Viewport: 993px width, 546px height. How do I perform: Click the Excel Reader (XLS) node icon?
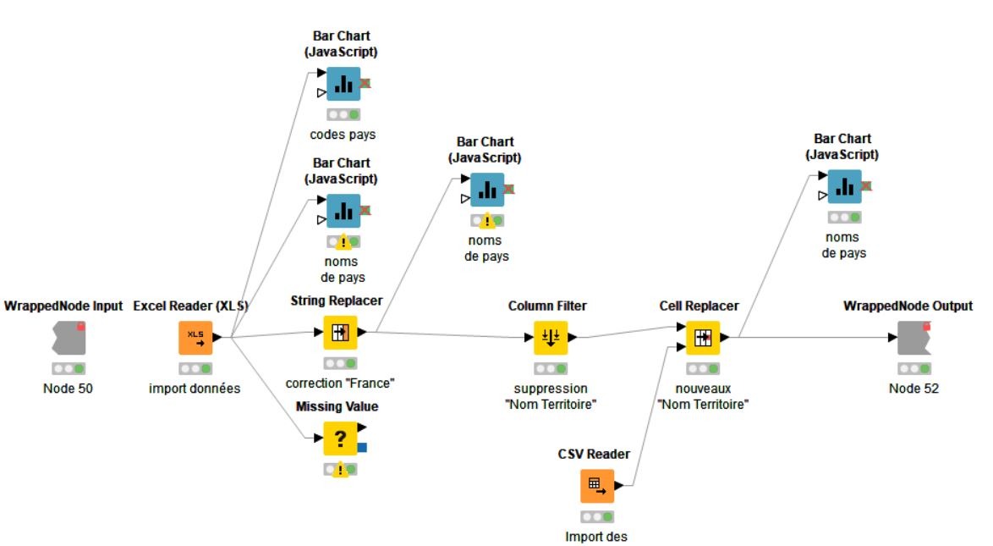point(195,336)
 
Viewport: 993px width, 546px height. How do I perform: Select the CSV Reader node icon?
point(596,485)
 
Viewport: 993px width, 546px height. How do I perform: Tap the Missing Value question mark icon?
point(340,438)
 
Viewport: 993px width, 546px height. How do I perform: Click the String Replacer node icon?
point(341,333)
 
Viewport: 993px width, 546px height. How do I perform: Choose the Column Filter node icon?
point(550,337)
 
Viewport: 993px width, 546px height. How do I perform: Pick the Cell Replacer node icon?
point(702,337)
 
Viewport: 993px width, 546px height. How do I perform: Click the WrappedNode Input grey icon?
point(69,337)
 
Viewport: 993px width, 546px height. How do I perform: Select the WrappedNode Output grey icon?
point(913,337)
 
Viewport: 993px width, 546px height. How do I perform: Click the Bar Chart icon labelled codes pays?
point(343,84)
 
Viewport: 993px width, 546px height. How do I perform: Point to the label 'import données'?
point(195,389)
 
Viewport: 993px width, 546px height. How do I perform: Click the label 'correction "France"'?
point(341,383)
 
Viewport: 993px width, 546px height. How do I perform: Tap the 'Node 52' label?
point(913,389)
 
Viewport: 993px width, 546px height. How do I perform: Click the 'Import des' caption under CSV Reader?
point(596,536)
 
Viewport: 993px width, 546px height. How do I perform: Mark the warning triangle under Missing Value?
point(341,469)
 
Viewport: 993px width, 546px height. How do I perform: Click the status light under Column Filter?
point(550,368)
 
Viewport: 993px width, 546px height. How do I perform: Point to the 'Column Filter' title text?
point(547,305)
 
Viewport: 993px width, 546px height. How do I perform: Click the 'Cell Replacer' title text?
point(699,305)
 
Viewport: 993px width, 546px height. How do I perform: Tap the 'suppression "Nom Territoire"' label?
point(551,395)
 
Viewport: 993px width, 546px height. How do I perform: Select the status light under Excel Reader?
point(195,368)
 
